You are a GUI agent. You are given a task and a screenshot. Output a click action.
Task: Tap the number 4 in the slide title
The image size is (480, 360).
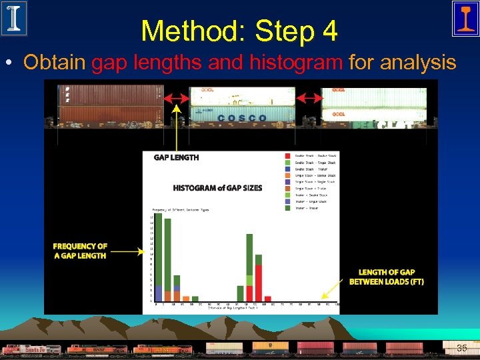[x=329, y=31]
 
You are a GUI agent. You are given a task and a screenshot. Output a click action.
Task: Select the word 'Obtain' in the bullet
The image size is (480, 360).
[x=54, y=63]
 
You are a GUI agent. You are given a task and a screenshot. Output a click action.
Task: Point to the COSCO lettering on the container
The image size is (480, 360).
[x=242, y=118]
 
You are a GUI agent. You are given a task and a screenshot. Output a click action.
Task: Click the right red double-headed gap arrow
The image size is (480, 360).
[x=309, y=98]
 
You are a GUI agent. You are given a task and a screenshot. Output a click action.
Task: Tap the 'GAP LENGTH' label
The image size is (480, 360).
[x=176, y=157]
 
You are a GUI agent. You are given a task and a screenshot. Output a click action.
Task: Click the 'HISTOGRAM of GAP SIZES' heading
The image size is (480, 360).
[x=217, y=188]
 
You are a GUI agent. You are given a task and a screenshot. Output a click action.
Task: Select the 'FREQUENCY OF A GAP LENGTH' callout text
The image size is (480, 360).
[x=80, y=251]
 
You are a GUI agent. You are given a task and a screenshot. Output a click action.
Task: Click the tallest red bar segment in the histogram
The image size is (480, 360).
[x=258, y=283]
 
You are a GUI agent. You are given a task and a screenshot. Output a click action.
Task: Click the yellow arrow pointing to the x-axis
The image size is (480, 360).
[x=327, y=290]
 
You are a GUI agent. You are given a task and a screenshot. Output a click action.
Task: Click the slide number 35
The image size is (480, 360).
[x=461, y=348]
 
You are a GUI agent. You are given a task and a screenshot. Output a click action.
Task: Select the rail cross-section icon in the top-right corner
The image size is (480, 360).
[x=465, y=18]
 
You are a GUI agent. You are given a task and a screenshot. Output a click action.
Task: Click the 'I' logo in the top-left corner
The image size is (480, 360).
[x=14, y=18]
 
